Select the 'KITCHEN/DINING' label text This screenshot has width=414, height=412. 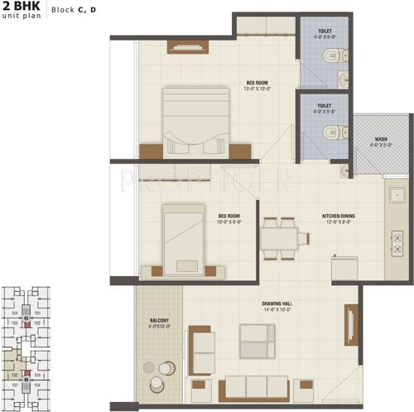tap(339, 217)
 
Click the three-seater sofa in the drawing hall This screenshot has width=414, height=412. tap(258, 387)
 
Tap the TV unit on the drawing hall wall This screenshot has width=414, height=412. tap(350, 324)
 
